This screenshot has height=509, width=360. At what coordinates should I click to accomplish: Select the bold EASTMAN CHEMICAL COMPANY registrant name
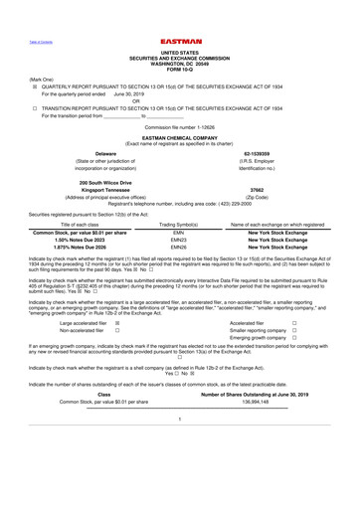[x=179, y=138]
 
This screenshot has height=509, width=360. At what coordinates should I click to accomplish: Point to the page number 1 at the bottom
[x=179, y=448]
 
